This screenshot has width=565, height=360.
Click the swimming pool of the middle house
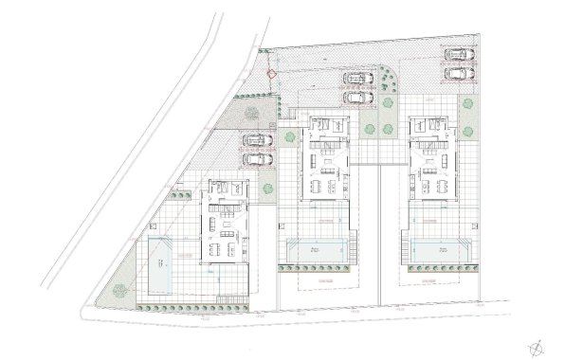click(313, 250)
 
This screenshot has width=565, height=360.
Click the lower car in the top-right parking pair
click(461, 72)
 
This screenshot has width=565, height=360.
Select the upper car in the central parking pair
click(356, 78)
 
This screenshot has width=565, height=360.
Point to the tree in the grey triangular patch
click(251, 112)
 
